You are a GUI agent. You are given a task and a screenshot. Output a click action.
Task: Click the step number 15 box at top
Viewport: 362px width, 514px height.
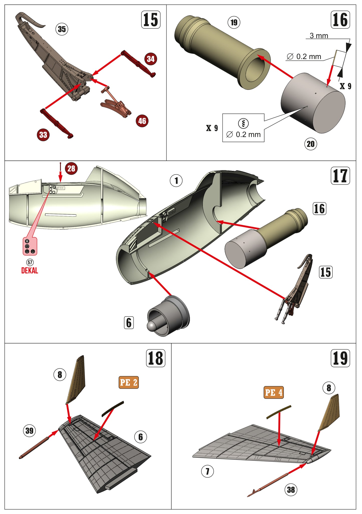[151, 20]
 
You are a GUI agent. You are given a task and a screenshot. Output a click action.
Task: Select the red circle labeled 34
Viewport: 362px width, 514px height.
[151, 59]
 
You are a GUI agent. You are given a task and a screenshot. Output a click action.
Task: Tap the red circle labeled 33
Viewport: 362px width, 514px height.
[43, 135]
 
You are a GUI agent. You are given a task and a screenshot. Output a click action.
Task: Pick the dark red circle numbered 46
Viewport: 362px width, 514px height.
[142, 121]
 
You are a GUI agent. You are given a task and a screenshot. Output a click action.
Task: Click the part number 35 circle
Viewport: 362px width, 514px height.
[62, 29]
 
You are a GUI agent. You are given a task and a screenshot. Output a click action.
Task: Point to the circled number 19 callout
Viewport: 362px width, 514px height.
[234, 23]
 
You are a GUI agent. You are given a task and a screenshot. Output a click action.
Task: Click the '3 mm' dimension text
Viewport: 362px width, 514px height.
[319, 36]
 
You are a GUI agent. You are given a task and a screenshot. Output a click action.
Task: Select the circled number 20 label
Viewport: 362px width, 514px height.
[310, 144]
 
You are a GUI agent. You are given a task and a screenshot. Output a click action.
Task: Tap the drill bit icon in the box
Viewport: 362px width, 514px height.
[243, 123]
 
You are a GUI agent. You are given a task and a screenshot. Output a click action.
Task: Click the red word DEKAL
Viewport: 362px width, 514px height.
[30, 271]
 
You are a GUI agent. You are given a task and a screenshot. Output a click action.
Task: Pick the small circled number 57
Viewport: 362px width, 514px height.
[30, 263]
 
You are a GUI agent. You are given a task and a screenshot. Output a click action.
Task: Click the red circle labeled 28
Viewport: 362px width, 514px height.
[71, 168]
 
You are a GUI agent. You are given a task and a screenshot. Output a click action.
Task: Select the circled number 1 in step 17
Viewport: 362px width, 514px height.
[176, 181]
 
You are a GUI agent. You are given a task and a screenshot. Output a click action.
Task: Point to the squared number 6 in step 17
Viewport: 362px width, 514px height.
[129, 323]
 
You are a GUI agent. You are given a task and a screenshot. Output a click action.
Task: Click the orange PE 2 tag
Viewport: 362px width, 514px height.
[129, 382]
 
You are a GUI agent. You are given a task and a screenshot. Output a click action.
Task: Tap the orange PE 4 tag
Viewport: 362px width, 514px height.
[274, 393]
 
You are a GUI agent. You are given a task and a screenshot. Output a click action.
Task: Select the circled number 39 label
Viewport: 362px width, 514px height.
[29, 431]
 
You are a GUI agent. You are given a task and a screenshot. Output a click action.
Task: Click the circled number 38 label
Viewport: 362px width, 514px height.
[291, 490]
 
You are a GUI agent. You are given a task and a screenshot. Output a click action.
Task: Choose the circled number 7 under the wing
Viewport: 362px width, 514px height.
[207, 471]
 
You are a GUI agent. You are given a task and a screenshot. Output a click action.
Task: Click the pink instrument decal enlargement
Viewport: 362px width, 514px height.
[30, 246]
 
